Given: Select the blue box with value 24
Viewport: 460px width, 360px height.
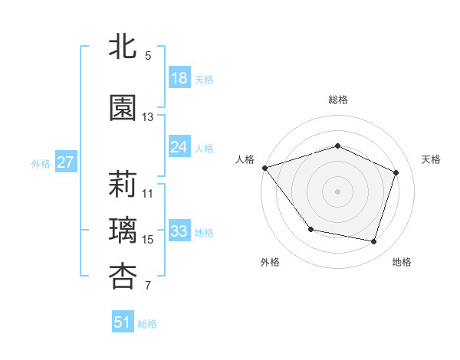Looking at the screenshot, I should (179, 147).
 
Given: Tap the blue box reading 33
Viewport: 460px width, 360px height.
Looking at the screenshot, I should (179, 231).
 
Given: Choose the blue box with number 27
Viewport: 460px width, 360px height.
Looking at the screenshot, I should (65, 162).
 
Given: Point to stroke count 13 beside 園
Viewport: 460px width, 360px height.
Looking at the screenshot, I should (148, 117).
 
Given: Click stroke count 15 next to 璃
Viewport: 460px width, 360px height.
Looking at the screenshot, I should (148, 240).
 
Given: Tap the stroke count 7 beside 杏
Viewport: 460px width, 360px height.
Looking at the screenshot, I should (148, 286).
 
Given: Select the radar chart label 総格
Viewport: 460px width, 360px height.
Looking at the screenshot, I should (338, 100).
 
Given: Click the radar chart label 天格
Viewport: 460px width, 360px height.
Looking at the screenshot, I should (431, 159).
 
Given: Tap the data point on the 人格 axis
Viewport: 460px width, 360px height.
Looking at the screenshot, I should (264, 168).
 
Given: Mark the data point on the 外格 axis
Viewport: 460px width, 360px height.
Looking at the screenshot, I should (310, 229).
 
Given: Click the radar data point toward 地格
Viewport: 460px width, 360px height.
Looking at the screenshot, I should (373, 241).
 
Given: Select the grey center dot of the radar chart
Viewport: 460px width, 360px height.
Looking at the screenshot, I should (338, 191).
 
